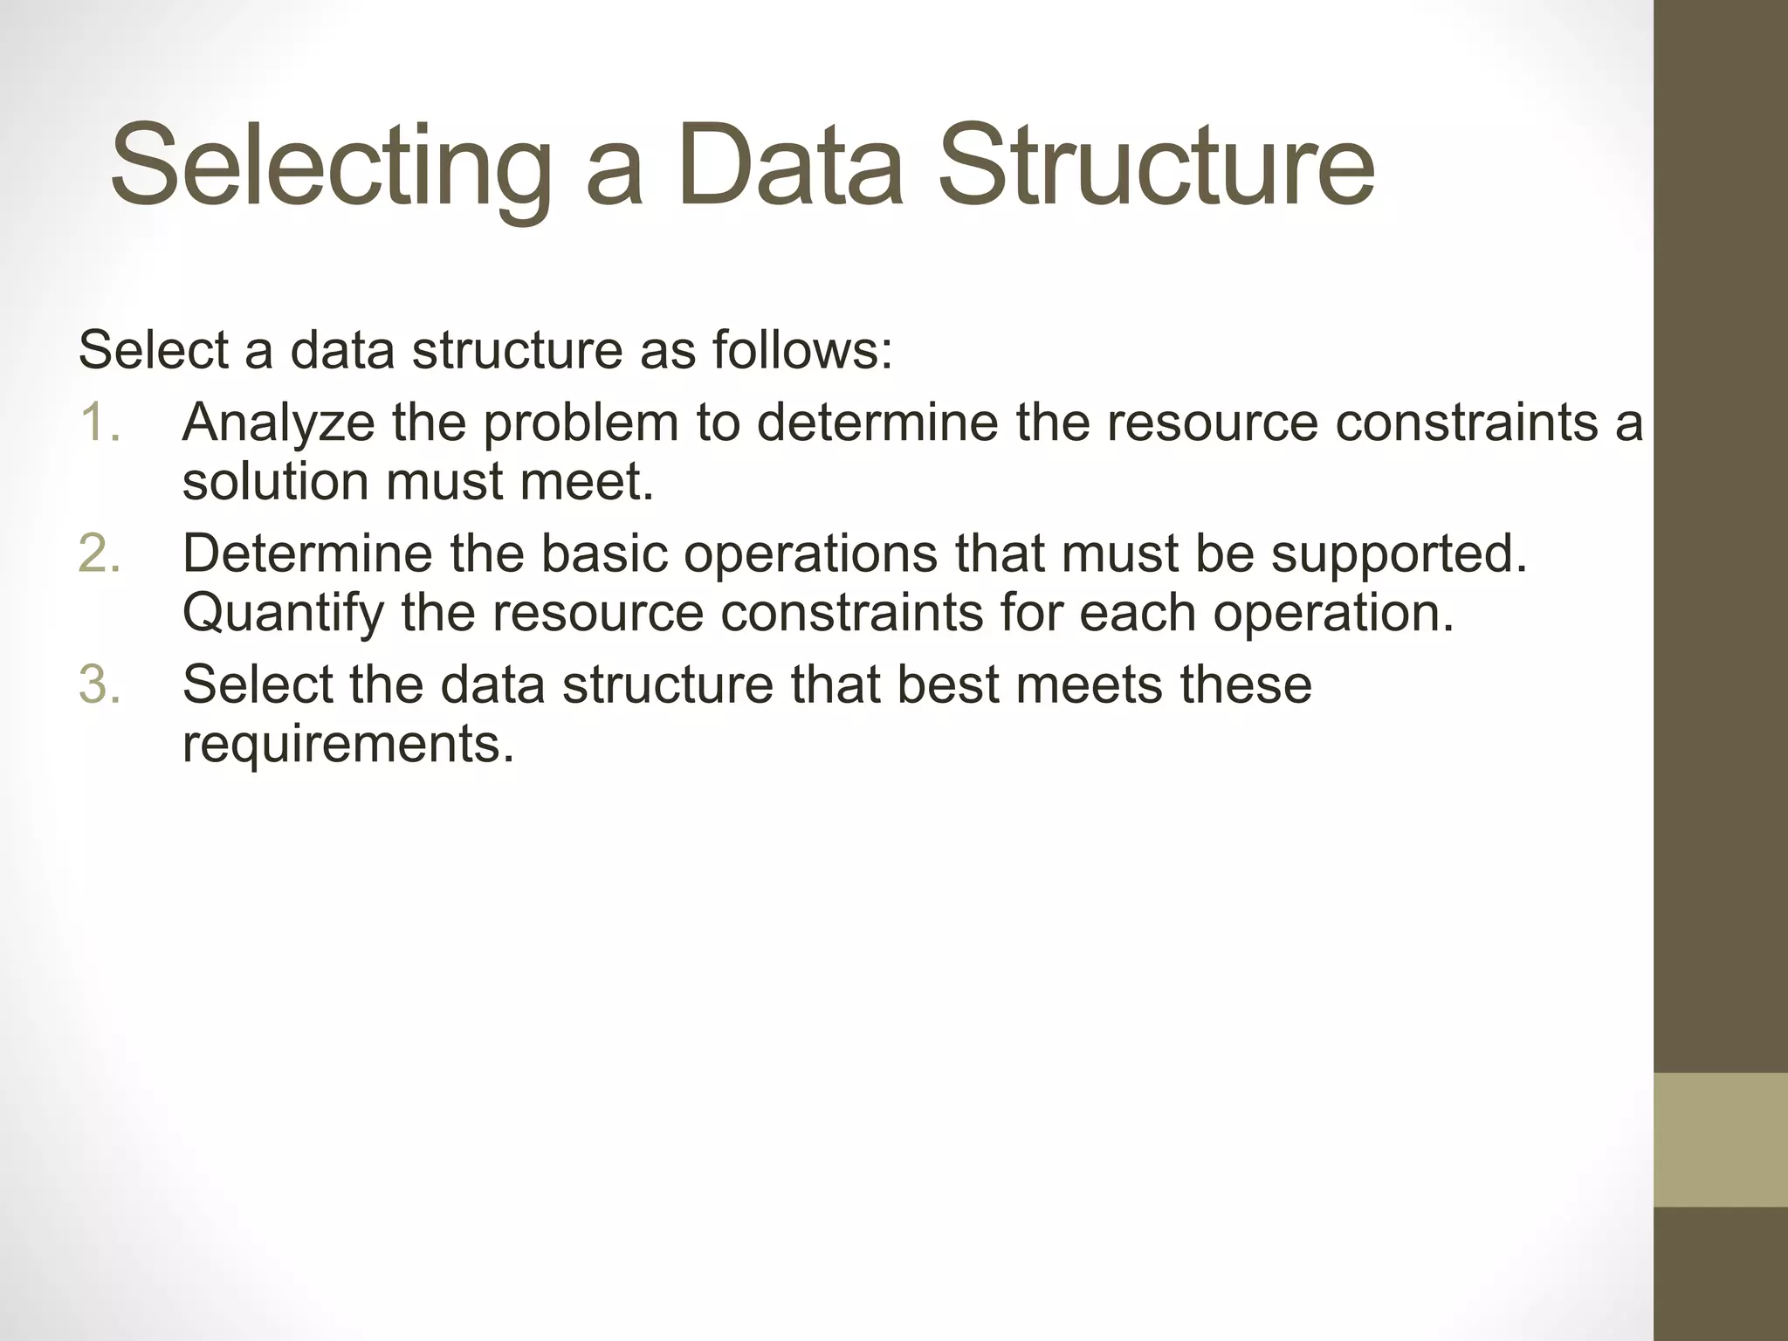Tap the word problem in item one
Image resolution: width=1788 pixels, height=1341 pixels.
click(581, 424)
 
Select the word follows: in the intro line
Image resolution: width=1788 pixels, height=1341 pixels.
click(802, 350)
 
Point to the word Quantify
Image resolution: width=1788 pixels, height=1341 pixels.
click(283, 614)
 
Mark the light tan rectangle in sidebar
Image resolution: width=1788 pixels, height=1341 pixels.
click(1720, 1139)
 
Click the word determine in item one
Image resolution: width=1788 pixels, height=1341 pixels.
click(877, 423)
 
